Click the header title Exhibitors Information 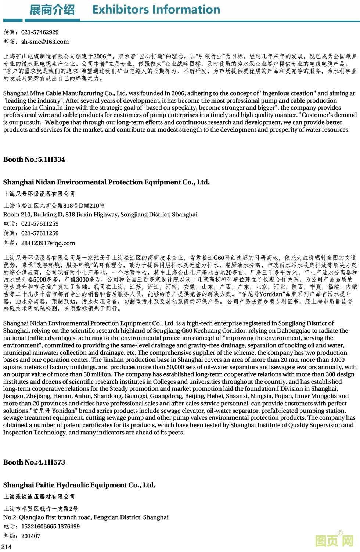156,10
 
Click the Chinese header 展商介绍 52,10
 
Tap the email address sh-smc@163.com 45,42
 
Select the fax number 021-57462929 40,32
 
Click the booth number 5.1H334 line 34,159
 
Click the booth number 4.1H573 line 34,462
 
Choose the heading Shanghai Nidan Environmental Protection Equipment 106,182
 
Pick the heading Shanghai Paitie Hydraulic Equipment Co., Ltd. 79,485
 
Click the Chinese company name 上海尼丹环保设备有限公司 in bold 39,194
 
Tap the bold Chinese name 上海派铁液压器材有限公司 39,497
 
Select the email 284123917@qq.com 48,243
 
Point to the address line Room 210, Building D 100,215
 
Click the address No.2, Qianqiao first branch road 86,517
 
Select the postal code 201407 31,536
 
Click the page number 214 7,547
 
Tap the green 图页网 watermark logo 335,540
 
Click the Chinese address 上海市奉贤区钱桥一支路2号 41,509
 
